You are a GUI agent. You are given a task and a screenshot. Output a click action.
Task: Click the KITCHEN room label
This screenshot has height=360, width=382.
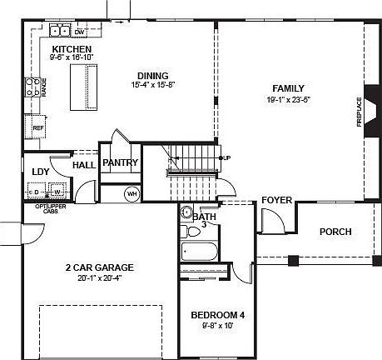coord(72,49)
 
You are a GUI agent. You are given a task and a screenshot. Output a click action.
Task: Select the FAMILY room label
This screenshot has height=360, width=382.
coord(287,88)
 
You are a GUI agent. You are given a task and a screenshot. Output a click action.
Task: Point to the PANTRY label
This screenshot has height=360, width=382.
coord(120,163)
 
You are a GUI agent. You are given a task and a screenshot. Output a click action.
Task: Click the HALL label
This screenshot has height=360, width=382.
coord(84,165)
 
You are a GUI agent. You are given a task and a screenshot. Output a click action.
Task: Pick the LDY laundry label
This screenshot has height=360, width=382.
coord(40,172)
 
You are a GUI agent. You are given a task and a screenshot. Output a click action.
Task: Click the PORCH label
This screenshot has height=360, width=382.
coord(335,232)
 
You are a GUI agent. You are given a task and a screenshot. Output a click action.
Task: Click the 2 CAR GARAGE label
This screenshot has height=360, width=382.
coord(100,267)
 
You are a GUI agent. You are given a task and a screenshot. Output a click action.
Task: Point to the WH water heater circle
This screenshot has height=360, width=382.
coord(131,194)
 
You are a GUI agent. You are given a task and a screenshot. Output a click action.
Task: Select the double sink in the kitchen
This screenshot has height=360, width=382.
coord(59,32)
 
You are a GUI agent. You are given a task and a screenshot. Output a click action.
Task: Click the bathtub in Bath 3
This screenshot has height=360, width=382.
coord(201,252)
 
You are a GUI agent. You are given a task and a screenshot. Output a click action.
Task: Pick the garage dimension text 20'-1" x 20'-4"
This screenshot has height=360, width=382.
coord(100,278)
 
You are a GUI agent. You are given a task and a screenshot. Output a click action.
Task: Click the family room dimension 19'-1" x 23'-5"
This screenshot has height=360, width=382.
coord(287,100)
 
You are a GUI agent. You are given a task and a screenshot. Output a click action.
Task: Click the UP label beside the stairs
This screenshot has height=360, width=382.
coord(227,157)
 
